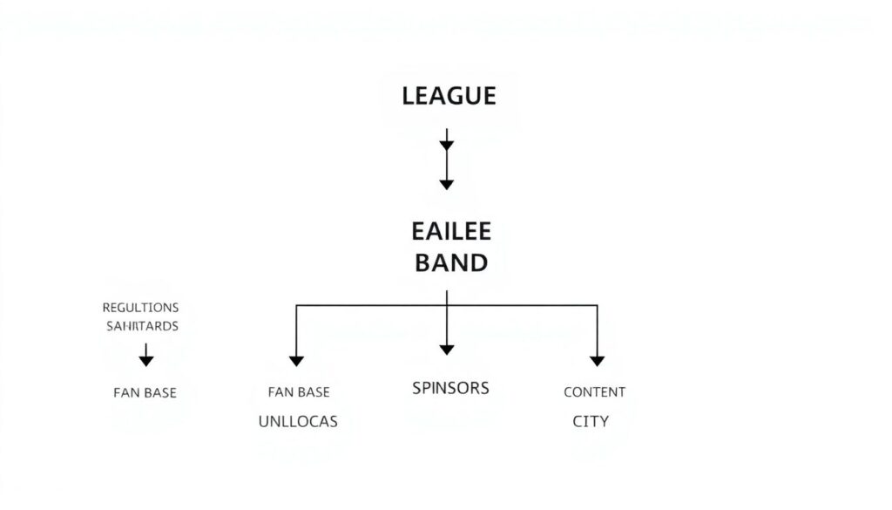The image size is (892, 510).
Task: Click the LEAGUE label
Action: coord(449,96)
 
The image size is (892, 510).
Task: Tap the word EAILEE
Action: coord(450,231)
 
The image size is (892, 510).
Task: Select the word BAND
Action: coord(450,262)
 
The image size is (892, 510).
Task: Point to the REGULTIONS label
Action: coord(140,308)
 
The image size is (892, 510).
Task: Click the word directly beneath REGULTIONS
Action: coord(141,326)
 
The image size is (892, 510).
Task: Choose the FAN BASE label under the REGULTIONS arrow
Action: coord(145,392)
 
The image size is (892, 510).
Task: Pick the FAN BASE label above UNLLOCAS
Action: coord(299,392)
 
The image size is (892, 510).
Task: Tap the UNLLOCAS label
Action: coord(298,421)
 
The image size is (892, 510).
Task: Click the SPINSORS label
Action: coord(450,388)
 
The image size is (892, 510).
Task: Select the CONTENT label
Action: coord(594,392)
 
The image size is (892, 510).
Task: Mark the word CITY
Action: coord(591,421)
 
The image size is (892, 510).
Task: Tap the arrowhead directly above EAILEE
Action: coord(447,184)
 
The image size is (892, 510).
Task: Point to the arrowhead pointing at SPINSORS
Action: coord(447,350)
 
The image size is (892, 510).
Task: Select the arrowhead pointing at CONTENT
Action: coord(597,360)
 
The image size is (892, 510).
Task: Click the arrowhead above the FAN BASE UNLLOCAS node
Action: coord(296,360)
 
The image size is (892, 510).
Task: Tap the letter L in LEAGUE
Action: coord(408,96)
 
